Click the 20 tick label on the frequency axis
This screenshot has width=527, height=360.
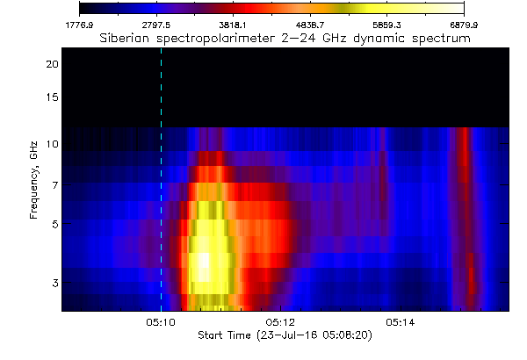[x=53, y=64]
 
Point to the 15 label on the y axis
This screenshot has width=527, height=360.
[x=53, y=97]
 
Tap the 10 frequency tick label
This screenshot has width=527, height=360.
[x=53, y=144]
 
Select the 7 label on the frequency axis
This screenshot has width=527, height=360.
[x=55, y=185]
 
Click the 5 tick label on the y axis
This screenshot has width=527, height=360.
[x=55, y=224]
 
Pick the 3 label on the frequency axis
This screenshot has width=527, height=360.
[x=55, y=283]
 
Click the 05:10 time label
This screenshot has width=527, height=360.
[x=161, y=322]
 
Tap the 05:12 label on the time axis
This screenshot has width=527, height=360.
[x=280, y=322]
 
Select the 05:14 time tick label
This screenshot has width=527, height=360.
[x=401, y=322]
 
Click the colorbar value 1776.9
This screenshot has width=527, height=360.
[x=79, y=25]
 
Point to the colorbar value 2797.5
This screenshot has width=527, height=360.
[x=156, y=25]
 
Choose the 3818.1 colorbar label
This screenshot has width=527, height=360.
[x=234, y=25]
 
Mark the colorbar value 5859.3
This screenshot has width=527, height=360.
[x=386, y=25]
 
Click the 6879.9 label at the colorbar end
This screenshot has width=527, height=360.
[x=464, y=25]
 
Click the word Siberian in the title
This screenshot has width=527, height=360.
[x=125, y=38]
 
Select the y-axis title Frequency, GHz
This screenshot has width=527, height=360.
[x=33, y=180]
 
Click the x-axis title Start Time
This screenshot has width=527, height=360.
[x=224, y=335]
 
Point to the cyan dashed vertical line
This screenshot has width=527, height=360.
[x=162, y=179]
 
